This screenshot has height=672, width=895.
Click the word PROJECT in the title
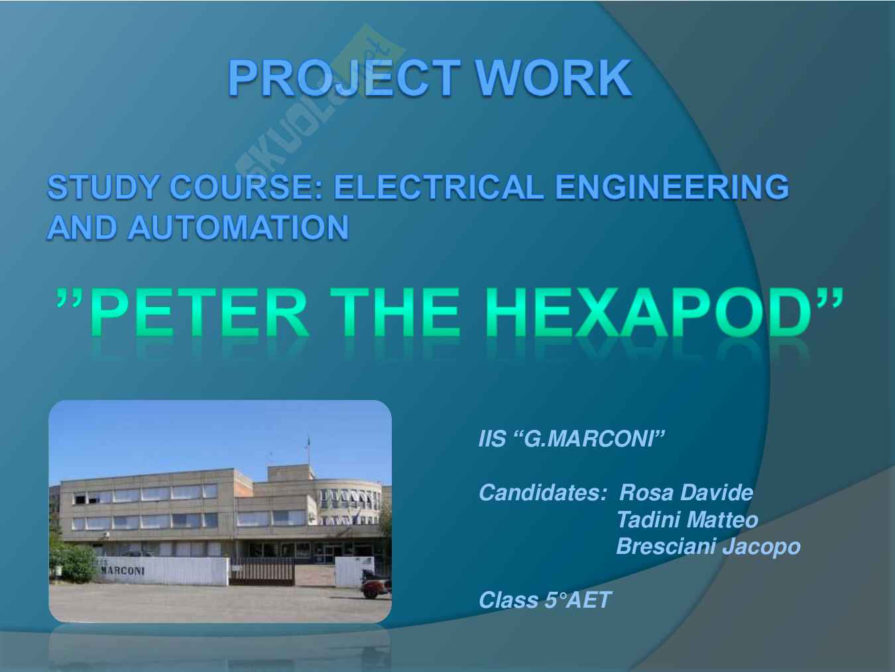coord(343,78)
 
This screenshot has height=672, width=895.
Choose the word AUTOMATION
coord(238,227)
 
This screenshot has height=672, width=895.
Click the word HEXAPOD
coord(649,312)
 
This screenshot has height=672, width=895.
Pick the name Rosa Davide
coord(686,493)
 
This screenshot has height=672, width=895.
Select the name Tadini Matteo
coord(687,520)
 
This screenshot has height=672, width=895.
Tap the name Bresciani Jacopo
coord(708,547)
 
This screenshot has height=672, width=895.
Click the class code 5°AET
coord(578,600)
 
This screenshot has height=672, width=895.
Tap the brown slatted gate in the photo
coord(262,571)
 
